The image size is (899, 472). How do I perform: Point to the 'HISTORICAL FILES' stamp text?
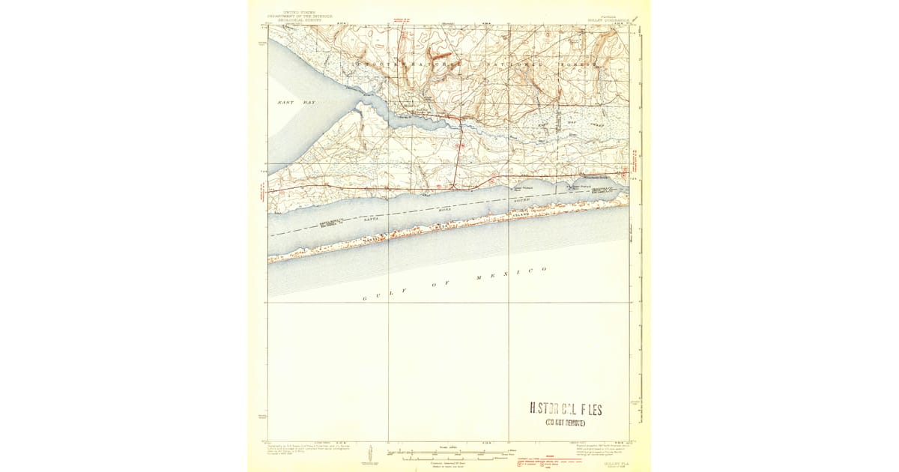566,409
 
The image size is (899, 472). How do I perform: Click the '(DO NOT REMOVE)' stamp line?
566,423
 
